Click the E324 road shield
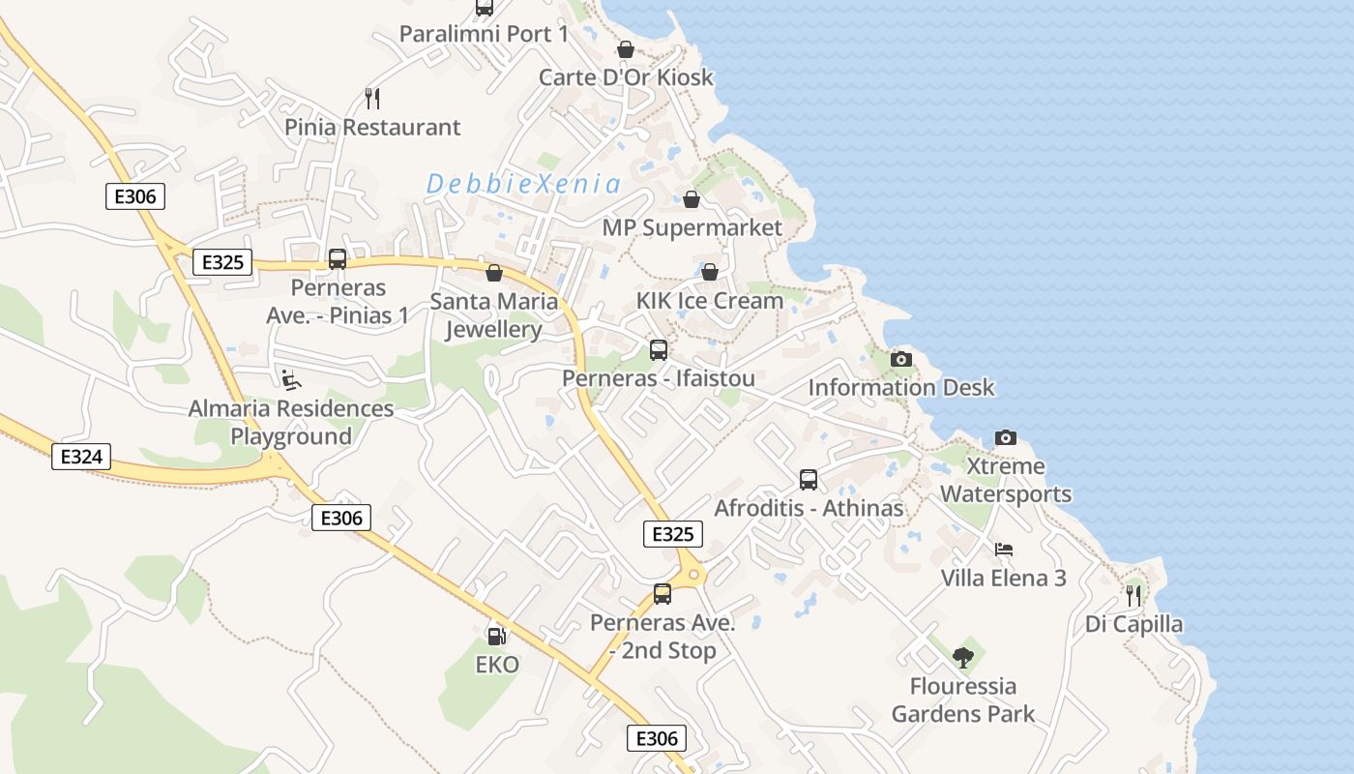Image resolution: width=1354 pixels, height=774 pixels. click(81, 457)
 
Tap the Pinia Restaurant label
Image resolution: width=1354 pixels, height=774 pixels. click(372, 127)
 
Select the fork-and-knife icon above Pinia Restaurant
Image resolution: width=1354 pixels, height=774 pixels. click(372, 98)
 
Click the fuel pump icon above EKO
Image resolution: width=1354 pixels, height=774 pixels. click(496, 636)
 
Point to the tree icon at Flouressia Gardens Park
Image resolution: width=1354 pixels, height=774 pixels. click(962, 658)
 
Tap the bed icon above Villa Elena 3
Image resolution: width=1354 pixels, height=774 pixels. click(1004, 550)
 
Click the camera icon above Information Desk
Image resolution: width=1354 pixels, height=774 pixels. click(900, 360)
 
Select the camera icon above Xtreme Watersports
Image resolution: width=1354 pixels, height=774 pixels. click(1006, 437)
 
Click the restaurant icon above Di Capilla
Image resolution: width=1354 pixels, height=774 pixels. click(1133, 595)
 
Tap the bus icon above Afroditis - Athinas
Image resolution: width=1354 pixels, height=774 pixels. click(809, 479)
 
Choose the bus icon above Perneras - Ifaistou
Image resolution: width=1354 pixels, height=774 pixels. click(659, 349)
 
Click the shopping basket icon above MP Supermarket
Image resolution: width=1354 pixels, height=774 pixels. click(692, 199)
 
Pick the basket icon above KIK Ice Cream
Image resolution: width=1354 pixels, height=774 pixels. click(709, 272)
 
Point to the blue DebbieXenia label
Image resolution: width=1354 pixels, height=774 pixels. click(523, 183)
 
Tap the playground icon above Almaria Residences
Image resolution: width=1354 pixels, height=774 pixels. click(291, 379)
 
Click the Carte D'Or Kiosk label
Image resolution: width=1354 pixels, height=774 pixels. click(626, 77)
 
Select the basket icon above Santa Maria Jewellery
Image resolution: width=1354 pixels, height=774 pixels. click(493, 273)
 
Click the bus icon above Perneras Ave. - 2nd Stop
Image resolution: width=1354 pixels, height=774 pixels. click(662, 594)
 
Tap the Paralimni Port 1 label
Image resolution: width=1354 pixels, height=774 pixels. click(484, 34)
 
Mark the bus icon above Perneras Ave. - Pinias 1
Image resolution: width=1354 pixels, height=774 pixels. click(338, 259)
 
